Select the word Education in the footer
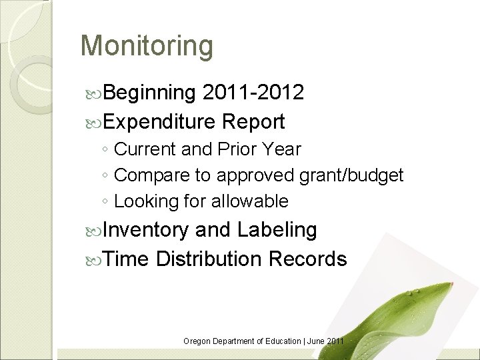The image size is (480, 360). click(x=281, y=341)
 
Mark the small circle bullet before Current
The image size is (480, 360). click(x=106, y=150)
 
